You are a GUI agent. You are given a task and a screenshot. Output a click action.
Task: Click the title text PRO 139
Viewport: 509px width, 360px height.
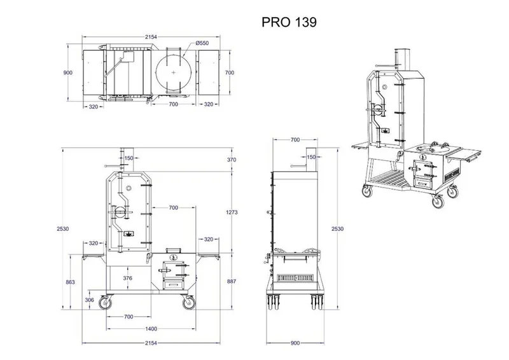click(289, 22)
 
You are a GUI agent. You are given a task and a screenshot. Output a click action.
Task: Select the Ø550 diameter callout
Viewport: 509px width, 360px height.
click(202, 43)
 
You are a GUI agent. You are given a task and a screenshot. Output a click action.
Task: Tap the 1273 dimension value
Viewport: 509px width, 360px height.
click(232, 212)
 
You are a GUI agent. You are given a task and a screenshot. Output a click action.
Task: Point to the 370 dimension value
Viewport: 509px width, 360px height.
click(232, 160)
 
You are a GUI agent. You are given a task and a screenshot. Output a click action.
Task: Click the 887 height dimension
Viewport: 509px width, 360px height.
click(232, 281)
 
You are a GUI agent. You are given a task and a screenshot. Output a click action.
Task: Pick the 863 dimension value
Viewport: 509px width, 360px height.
click(70, 282)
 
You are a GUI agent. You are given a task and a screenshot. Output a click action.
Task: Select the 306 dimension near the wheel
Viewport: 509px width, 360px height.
click(89, 300)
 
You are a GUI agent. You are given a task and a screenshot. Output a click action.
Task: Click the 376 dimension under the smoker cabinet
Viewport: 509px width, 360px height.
click(128, 278)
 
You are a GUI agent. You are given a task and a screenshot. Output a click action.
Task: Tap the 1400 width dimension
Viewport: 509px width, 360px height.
click(151, 329)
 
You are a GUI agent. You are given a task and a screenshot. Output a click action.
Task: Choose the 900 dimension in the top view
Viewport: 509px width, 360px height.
click(68, 73)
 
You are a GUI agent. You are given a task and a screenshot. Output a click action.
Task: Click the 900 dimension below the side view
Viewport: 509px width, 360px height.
click(295, 343)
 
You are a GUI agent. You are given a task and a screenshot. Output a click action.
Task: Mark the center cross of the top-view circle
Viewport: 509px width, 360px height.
click(173, 73)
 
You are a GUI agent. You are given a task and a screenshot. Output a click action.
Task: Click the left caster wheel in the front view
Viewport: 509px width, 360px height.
click(105, 303)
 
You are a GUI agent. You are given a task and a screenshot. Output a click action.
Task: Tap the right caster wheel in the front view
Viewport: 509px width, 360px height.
click(188, 303)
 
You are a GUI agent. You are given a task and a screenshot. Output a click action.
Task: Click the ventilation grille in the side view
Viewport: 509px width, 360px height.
click(295, 278)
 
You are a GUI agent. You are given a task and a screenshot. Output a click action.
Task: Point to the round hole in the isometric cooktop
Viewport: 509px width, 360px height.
click(435, 149)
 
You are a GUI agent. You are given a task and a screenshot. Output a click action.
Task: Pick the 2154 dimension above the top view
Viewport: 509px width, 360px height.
click(151, 37)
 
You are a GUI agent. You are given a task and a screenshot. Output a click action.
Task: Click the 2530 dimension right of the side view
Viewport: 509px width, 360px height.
click(337, 229)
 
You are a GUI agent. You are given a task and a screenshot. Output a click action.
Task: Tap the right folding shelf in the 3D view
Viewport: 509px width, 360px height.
click(464, 155)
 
